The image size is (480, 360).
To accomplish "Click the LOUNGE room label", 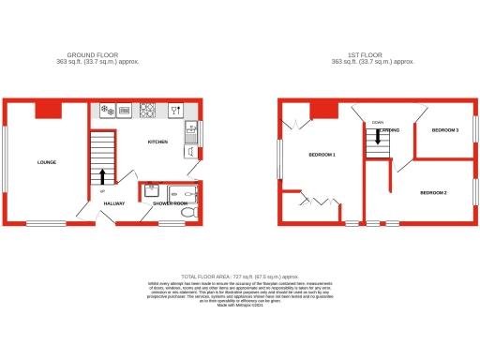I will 47,162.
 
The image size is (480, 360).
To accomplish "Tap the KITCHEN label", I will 157,142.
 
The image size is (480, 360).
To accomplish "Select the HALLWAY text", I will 114,202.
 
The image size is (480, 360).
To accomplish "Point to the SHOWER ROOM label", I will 171,202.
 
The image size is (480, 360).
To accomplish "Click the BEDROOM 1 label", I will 322,154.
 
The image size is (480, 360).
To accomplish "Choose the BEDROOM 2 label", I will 433,192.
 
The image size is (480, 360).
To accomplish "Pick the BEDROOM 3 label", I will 444,130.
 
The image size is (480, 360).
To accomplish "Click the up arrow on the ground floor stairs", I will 102,175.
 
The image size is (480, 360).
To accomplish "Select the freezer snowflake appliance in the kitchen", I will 106,111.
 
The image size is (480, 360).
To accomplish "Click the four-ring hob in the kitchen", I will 147,111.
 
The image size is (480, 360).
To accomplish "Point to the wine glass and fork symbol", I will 175,111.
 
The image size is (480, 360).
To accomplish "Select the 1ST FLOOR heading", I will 372,55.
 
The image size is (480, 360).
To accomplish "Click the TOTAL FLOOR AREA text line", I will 240,277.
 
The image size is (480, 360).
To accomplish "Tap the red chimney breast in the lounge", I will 49,110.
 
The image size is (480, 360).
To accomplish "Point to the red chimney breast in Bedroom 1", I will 324,110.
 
